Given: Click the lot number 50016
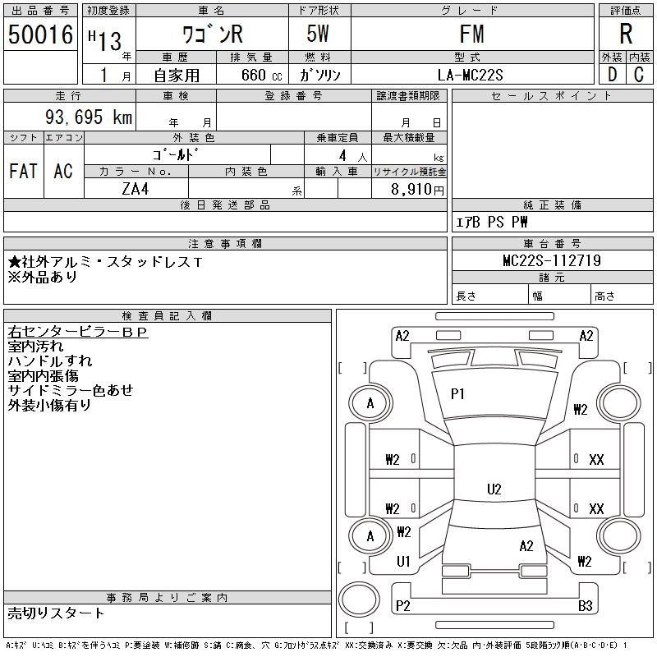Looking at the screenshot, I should click(x=40, y=34).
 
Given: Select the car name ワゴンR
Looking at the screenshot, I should click(x=211, y=34).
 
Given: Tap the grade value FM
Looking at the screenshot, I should click(x=472, y=34).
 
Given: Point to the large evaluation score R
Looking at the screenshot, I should click(x=626, y=34).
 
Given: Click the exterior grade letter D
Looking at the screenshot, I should click(x=612, y=75).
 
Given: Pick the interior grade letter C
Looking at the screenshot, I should click(x=639, y=75).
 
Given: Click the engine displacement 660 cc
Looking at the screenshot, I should click(x=250, y=75).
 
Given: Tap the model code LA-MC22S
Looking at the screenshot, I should click(x=472, y=75).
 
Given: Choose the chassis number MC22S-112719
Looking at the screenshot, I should click(x=552, y=261).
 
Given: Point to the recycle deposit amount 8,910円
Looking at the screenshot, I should click(x=418, y=189).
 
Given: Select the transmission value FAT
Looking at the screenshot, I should click(x=23, y=172).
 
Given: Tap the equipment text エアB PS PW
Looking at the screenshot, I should click(x=492, y=222).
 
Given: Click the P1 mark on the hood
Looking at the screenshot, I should click(x=457, y=394).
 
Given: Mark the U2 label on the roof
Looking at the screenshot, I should click(x=494, y=489).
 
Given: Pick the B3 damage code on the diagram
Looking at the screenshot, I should click(x=585, y=606).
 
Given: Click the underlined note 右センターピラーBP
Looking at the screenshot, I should click(x=77, y=333).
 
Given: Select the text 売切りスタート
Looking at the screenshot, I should click(x=56, y=613).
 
